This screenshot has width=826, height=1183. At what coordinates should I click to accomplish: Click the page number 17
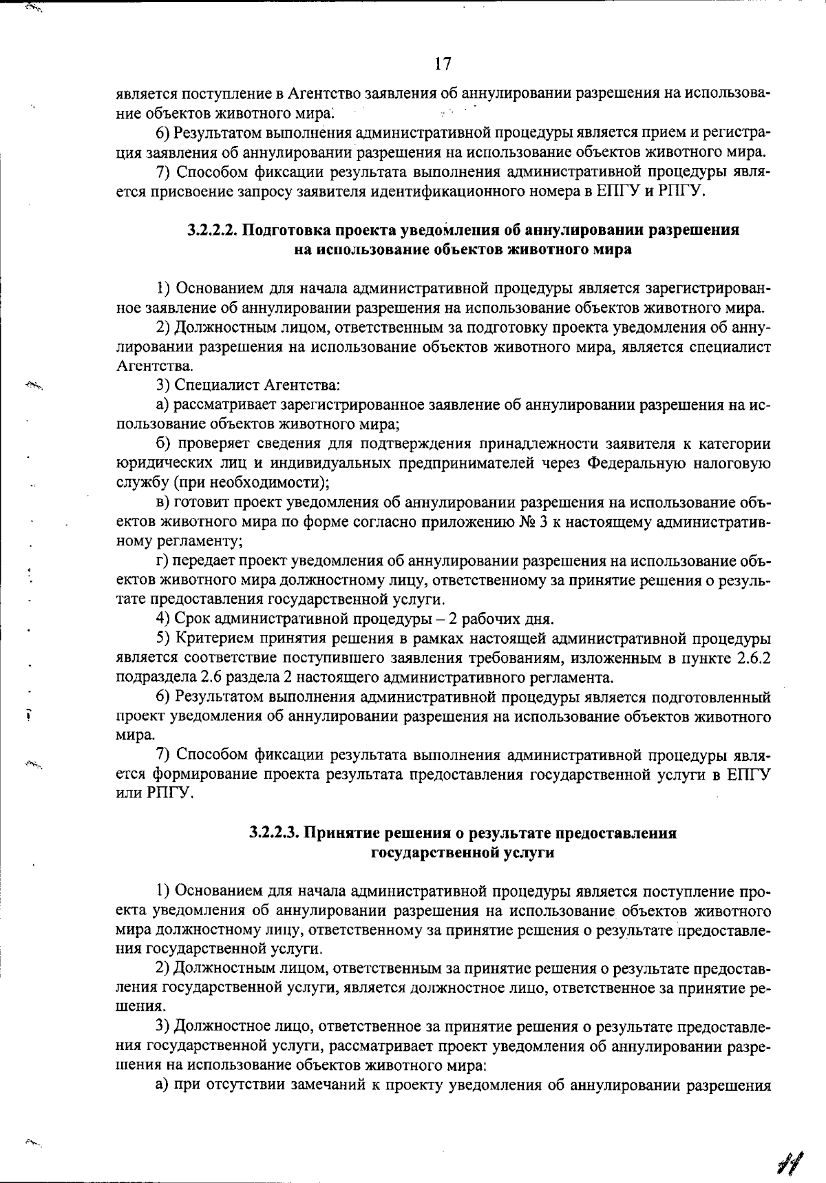[x=443, y=64]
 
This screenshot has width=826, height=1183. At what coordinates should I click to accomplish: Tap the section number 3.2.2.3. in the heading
[x=275, y=833]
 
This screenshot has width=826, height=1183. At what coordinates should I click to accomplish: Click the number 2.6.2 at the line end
[x=753, y=658]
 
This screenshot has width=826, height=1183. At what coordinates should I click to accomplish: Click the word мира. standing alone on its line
[x=131, y=735]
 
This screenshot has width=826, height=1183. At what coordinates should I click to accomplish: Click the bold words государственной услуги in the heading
[x=463, y=852]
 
